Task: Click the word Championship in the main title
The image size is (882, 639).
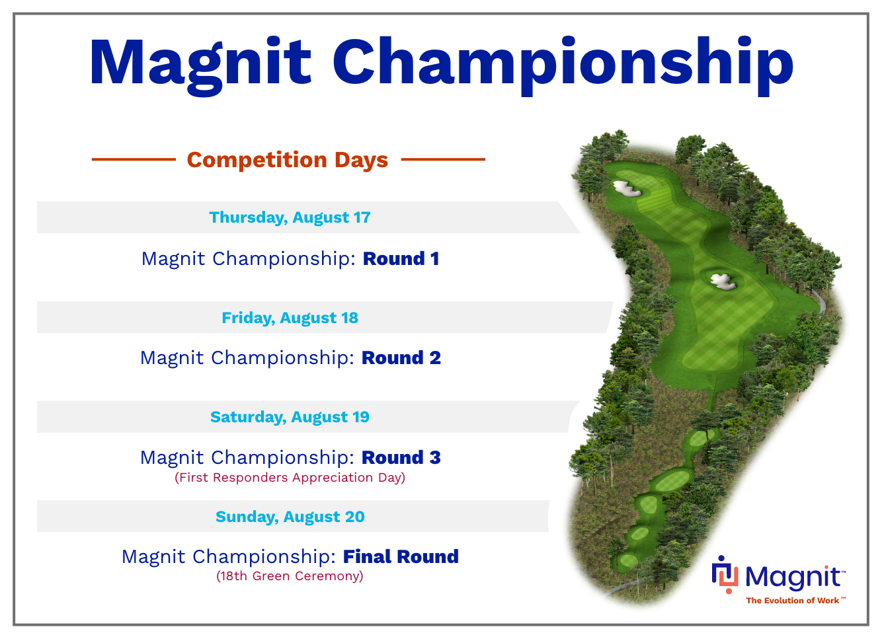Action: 563,65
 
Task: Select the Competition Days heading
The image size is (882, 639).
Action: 288,160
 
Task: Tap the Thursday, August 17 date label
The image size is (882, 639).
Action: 290,217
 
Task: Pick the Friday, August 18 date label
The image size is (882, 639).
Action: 290,318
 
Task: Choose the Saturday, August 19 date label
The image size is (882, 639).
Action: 290,417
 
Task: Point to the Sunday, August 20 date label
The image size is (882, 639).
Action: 290,517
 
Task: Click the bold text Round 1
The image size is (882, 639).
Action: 401,259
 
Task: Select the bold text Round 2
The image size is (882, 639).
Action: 401,358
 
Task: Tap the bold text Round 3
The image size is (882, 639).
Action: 401,458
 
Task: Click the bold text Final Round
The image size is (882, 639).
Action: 401,557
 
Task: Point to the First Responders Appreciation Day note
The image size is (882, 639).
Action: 290,478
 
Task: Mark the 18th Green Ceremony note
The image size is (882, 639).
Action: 290,576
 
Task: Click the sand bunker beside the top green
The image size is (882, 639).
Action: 627,189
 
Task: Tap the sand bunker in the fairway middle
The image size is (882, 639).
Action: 723,282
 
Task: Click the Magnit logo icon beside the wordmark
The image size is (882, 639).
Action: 725,574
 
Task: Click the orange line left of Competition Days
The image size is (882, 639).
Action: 134,159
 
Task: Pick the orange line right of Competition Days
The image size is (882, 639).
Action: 443,159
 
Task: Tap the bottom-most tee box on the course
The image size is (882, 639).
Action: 628,560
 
